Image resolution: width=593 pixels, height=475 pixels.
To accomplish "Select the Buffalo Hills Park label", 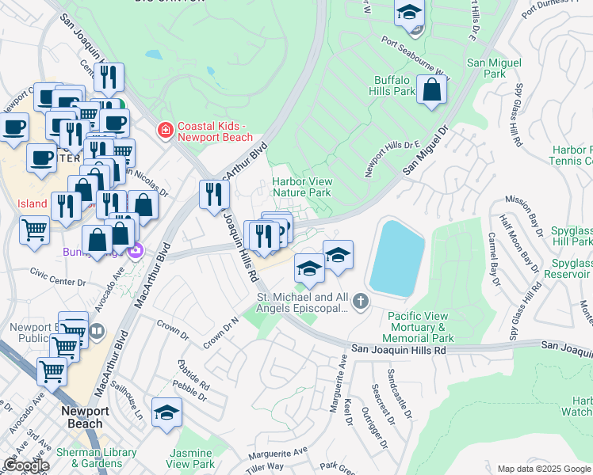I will point(392,86).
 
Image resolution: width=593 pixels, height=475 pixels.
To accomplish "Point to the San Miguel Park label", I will point(495,68).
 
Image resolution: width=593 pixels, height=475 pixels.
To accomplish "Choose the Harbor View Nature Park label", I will point(301,187).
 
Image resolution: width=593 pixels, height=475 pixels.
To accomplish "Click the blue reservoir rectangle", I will point(399,259).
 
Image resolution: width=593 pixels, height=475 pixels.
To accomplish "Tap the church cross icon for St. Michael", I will point(361,300).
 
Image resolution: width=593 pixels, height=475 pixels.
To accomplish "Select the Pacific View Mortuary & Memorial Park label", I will point(421,327).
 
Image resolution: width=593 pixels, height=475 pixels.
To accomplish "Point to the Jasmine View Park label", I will point(190,458).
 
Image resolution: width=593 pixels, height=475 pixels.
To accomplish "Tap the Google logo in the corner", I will point(26,465).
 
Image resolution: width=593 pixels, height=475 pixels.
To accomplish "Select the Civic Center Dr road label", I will point(57,282).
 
